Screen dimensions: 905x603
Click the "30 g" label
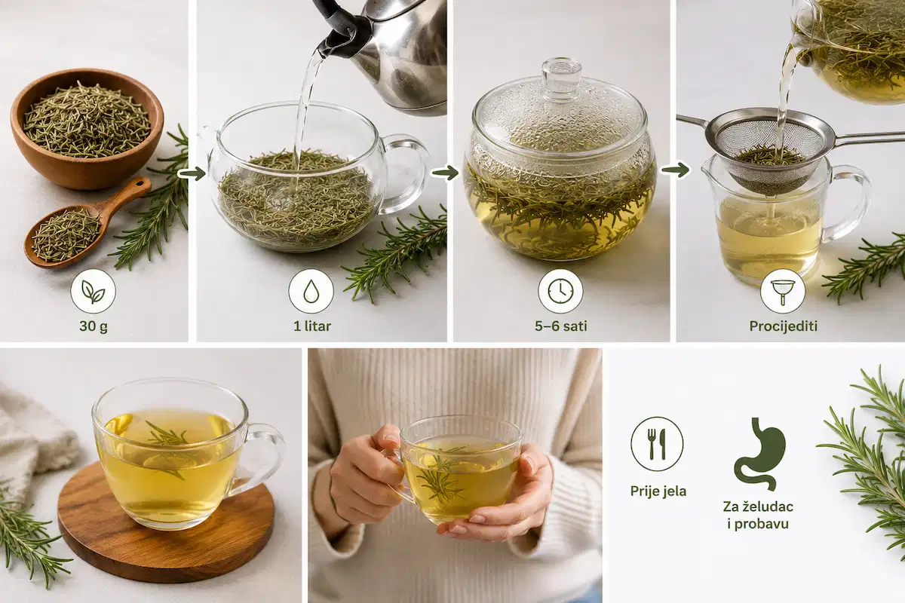tap(94, 326)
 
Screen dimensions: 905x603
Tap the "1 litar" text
tap(312, 326)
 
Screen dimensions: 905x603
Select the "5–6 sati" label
tap(561, 326)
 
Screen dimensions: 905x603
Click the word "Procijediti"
tap(783, 326)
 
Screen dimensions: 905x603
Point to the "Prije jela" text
tap(658, 491)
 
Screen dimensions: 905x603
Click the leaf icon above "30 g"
tap(94, 291)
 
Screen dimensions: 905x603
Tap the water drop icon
tap(311, 291)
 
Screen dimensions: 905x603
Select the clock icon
tap(561, 291)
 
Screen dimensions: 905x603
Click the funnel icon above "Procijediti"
tap(783, 291)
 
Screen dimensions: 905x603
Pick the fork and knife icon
tap(657, 444)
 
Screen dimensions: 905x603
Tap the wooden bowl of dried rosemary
tap(87, 128)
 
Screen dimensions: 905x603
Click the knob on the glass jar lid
tap(562, 77)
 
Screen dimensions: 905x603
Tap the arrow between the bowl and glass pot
tap(192, 174)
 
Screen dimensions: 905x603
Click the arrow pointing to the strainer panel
tap(675, 170)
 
